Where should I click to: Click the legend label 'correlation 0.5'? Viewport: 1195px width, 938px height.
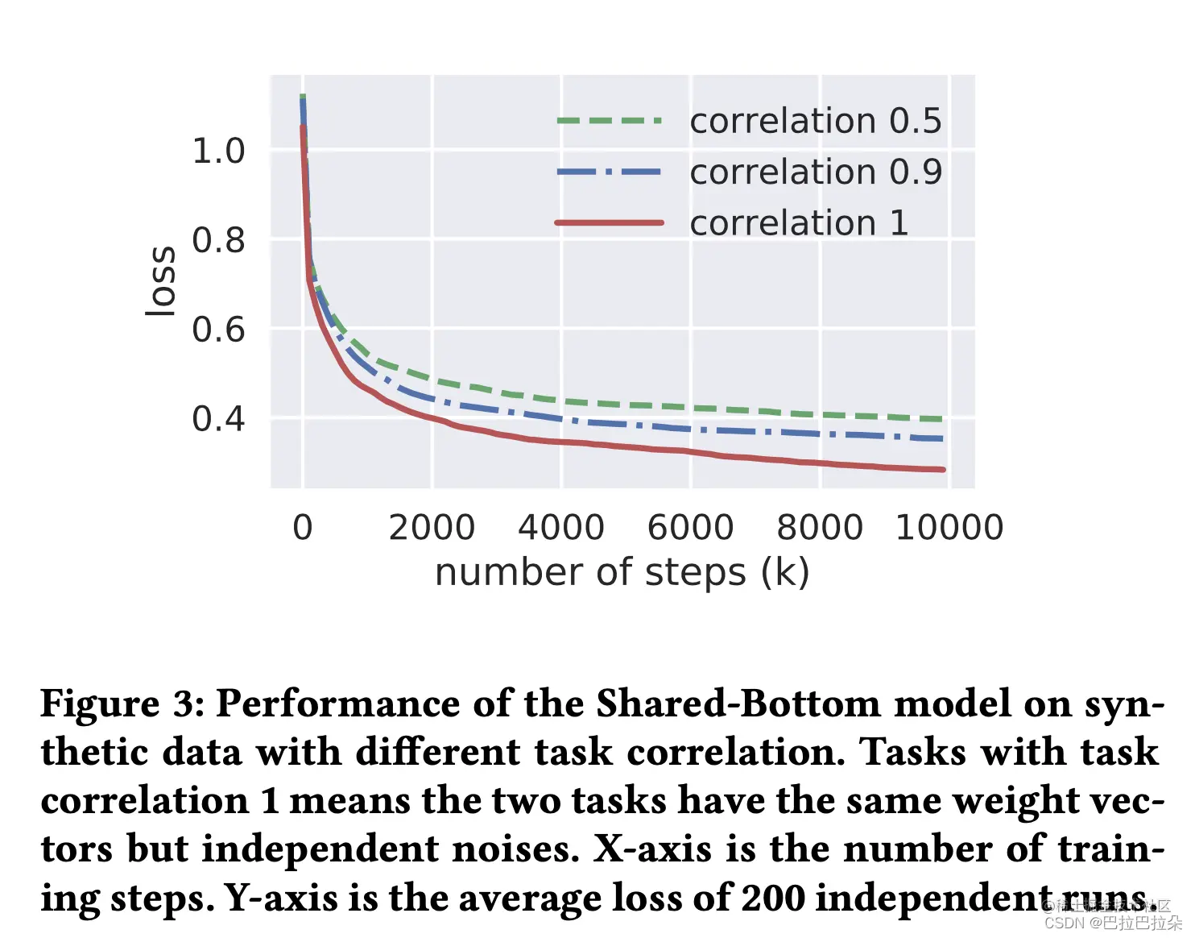[x=815, y=121]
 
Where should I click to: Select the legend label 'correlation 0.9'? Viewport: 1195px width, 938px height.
[x=815, y=172]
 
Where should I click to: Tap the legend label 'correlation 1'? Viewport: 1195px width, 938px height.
[x=799, y=222]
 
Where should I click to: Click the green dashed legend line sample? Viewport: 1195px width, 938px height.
[x=610, y=121]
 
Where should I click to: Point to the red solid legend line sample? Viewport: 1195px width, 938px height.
[x=610, y=222]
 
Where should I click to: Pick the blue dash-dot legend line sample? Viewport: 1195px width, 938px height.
[x=610, y=172]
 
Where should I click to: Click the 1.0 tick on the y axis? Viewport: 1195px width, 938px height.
[x=218, y=151]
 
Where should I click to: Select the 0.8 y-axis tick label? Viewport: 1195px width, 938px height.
[x=218, y=240]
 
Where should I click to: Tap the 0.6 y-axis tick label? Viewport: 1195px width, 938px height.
[x=218, y=330]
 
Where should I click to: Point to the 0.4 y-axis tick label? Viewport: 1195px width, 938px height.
[x=218, y=419]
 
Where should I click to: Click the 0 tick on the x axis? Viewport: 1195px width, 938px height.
[x=303, y=528]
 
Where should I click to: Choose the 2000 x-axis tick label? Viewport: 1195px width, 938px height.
[x=432, y=528]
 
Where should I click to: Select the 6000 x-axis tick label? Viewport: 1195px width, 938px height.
[x=690, y=528]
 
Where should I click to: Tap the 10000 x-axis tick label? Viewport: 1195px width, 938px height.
[x=949, y=528]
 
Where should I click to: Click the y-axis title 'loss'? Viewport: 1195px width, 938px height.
[x=161, y=281]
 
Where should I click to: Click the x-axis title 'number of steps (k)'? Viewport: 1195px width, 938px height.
[x=622, y=572]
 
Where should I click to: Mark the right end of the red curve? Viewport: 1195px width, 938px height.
[x=942, y=469]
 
